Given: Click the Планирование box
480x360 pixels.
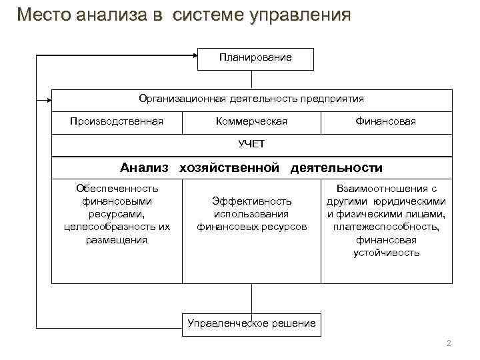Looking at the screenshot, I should click(x=255, y=58).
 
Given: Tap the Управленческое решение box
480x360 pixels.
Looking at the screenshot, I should click(x=251, y=323).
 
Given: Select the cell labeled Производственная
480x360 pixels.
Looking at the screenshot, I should click(x=117, y=121).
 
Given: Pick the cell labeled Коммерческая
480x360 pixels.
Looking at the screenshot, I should click(x=251, y=121).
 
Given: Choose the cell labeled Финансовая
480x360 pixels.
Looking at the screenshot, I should click(x=386, y=121).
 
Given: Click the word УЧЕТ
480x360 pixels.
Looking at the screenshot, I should click(x=251, y=144).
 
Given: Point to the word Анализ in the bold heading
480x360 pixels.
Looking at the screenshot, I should click(x=145, y=168).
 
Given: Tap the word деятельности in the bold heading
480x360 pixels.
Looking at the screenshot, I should click(x=336, y=168).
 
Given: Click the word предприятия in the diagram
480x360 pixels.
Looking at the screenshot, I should click(x=332, y=99).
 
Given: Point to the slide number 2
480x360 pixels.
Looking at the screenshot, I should click(x=448, y=343).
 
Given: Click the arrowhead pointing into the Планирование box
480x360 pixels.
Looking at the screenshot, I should click(x=195, y=58).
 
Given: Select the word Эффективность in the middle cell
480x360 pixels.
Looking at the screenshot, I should click(x=251, y=201).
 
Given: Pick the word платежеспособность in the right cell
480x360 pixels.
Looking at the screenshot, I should click(x=386, y=227).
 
